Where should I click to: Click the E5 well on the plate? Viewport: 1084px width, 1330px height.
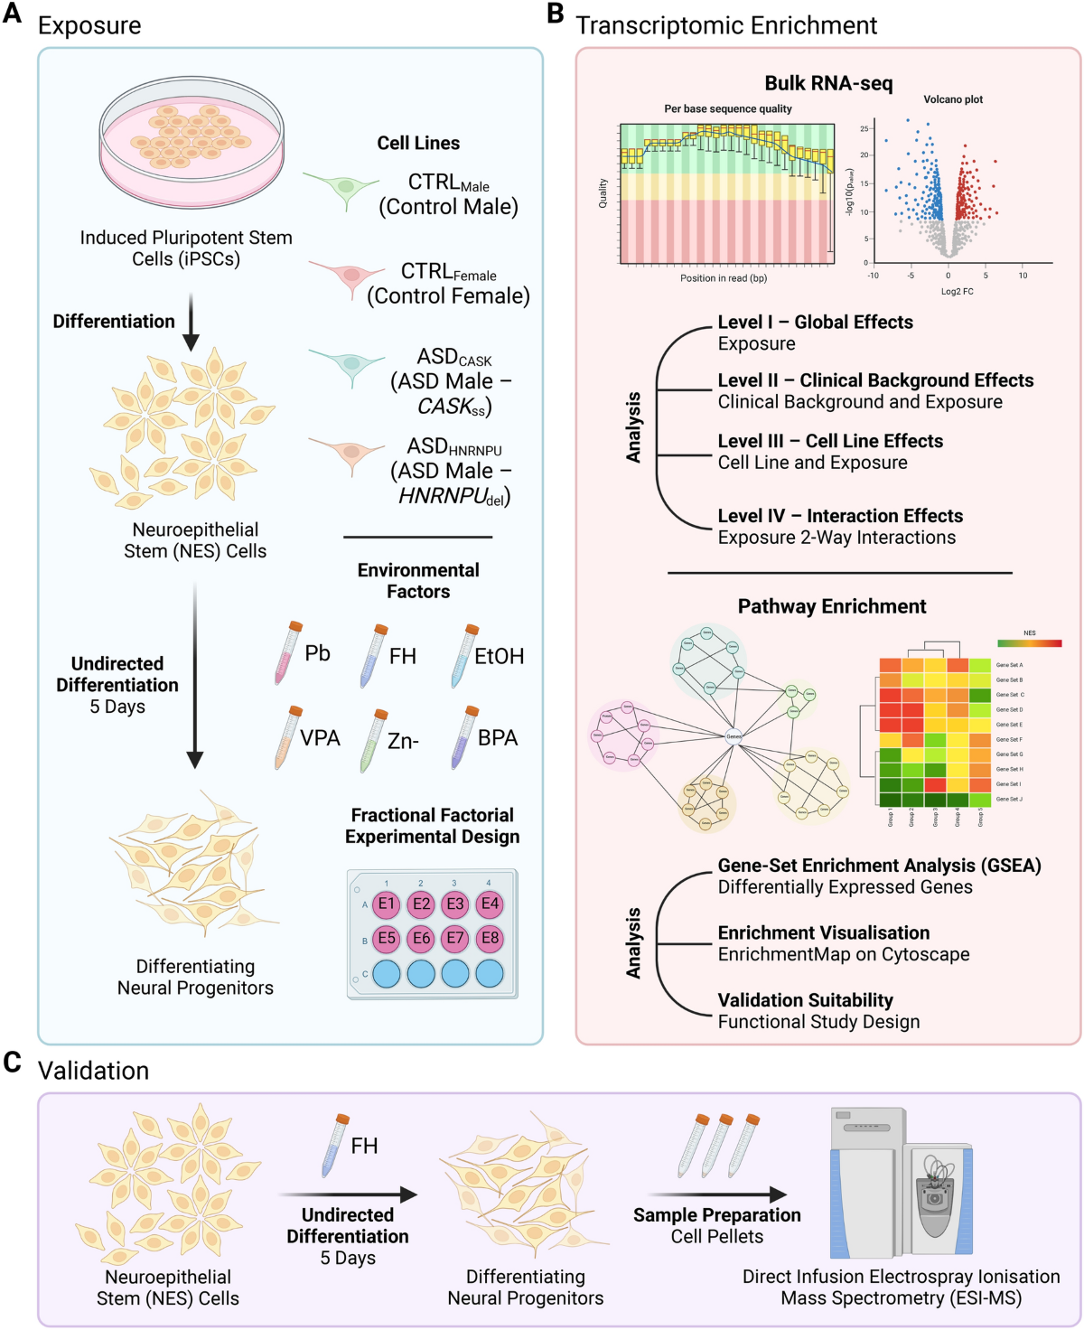pyautogui.click(x=387, y=939)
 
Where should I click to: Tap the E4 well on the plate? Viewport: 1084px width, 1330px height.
pyautogui.click(x=490, y=904)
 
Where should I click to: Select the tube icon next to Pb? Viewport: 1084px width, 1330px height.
pyautogui.click(x=288, y=652)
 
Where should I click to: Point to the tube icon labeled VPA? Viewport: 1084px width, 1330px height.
pyautogui.click(x=288, y=737)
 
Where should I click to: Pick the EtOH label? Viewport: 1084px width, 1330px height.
pyautogui.click(x=499, y=656)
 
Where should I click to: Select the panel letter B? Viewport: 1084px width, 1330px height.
pyautogui.click(x=555, y=14)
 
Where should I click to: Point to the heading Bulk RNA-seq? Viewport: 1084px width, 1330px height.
pyautogui.click(x=828, y=84)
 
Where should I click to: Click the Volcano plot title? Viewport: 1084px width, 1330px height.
pyautogui.click(x=953, y=99)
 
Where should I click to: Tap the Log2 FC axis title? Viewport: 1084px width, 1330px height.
pyautogui.click(x=957, y=292)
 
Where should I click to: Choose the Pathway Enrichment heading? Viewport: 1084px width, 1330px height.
pyautogui.click(x=832, y=606)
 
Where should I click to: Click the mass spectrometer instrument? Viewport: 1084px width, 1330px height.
pyautogui.click(x=902, y=1184)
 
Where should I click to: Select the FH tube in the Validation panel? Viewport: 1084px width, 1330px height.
pyautogui.click(x=335, y=1146)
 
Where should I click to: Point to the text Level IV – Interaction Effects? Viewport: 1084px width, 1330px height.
pyautogui.click(x=840, y=516)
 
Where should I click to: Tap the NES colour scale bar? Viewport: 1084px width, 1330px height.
pyautogui.click(x=1029, y=643)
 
